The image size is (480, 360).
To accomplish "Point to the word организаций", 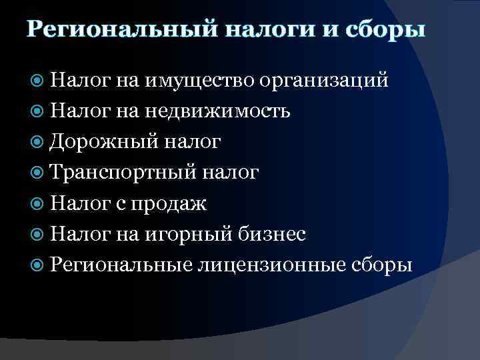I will [x=325, y=81].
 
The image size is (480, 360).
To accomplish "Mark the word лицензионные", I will [x=270, y=265].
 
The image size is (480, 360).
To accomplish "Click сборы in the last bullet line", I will [x=381, y=265].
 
